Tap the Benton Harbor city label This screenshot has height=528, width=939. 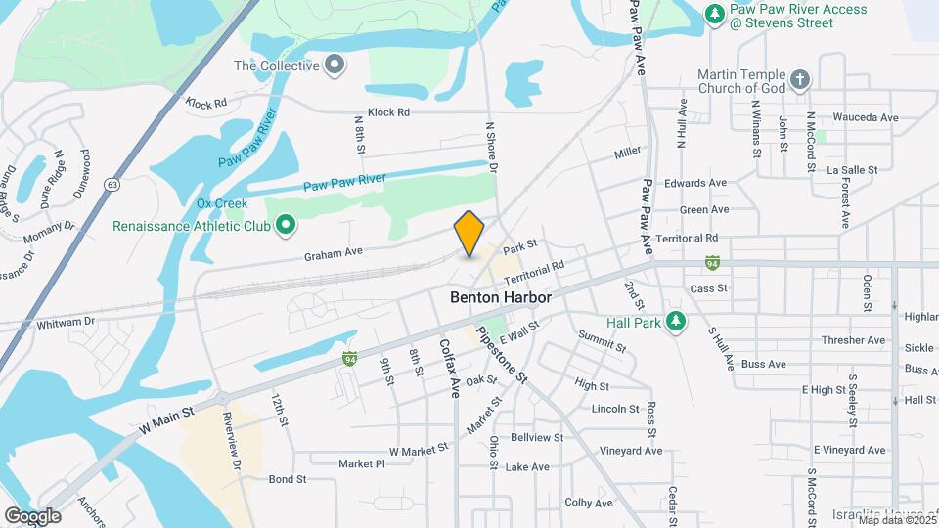pos(501,297)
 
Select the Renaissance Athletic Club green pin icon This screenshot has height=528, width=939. pos(287,226)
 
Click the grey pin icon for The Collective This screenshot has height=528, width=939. pos(335,66)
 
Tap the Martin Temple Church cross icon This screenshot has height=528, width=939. pos(800,79)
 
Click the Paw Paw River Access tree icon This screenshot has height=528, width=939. pos(715,14)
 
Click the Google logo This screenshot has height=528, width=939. pos(33,515)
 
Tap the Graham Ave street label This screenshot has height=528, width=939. pos(334,252)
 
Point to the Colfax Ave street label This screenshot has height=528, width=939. pos(450,368)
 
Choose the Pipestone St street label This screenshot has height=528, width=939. pos(501,354)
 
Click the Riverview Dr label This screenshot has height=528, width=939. pos(232,443)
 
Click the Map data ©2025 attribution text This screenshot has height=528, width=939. pos(896,519)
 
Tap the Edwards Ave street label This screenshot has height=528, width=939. pos(695,183)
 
